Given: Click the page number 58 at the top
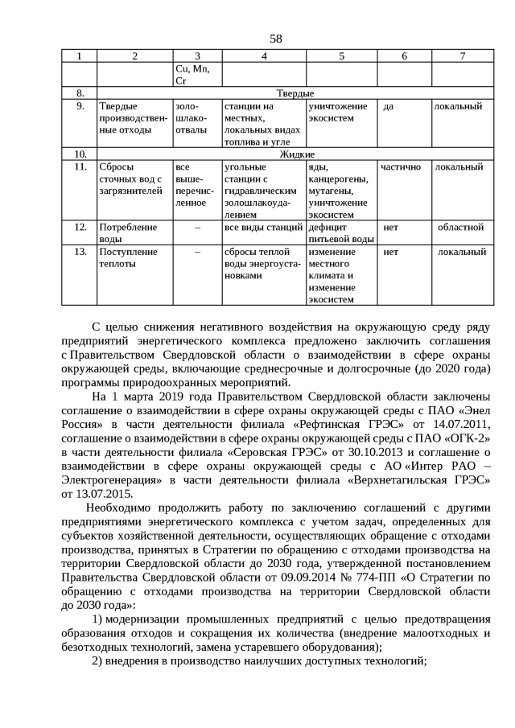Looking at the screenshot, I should pos(276,38).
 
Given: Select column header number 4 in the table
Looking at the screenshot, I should pos(264,56).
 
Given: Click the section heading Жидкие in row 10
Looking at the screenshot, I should pos(296,154).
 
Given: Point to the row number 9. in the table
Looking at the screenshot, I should pos(80,106).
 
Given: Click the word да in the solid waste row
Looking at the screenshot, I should pos(389,106).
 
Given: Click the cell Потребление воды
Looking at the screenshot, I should pos(127,232).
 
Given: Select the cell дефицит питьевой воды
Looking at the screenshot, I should pos(341,232).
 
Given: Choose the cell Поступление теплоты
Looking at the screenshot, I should pos(127,257).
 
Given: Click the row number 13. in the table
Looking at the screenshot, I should pos(80,252).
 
